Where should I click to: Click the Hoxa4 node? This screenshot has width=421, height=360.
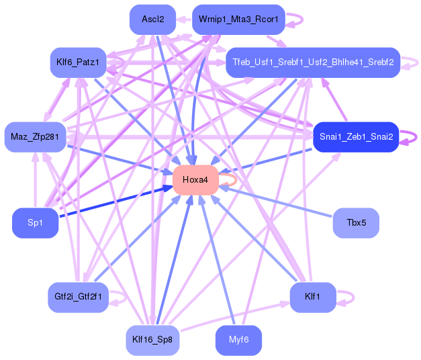point(195,180)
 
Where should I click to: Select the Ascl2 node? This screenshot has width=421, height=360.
point(153,19)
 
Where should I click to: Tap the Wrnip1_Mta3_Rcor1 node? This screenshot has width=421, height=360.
point(238,19)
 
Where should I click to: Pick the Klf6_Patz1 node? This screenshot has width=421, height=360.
point(78,62)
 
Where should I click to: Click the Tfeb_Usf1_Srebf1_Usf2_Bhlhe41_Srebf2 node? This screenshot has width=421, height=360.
point(313,62)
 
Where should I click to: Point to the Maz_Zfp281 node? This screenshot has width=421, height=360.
point(35,137)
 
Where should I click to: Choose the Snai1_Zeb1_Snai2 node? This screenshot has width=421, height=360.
point(356,137)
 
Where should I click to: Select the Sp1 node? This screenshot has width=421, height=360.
point(35,223)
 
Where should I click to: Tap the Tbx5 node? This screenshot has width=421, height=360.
point(356,223)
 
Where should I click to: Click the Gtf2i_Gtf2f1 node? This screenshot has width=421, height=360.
point(78,297)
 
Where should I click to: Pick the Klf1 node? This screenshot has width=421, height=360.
point(313,297)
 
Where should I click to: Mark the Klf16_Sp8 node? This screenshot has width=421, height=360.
point(153,340)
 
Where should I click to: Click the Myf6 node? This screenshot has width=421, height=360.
point(238,340)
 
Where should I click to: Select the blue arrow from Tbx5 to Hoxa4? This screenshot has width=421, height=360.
point(276,201)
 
